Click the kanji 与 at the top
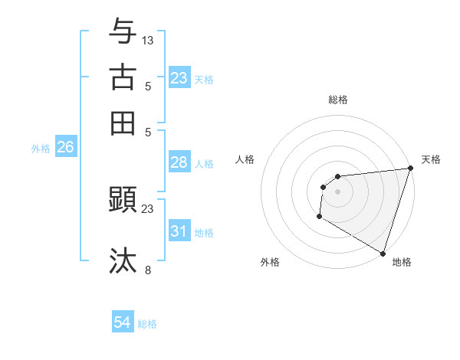click(123, 32)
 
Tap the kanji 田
click(123, 123)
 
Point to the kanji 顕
click(123, 200)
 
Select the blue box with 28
click(179, 162)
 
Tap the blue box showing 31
click(179, 231)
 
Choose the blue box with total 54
click(123, 323)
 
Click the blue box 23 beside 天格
click(179, 78)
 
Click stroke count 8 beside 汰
click(148, 269)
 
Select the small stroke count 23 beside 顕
click(148, 208)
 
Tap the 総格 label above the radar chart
click(338, 100)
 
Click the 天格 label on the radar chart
click(431, 159)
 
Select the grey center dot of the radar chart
click(337, 191)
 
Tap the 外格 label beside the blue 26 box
click(41, 149)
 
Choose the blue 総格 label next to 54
click(147, 324)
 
